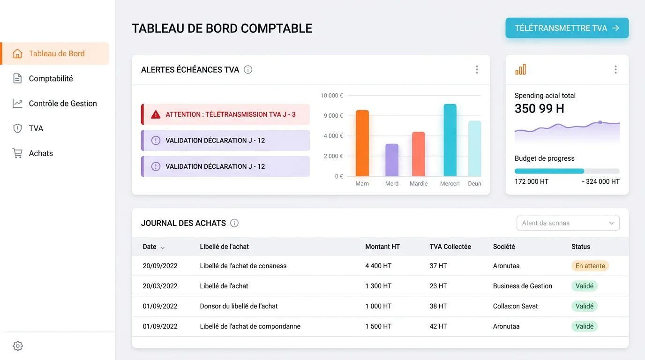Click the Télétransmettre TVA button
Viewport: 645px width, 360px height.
(x=567, y=28)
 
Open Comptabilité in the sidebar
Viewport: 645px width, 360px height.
(x=51, y=79)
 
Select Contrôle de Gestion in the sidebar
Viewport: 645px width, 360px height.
(x=63, y=104)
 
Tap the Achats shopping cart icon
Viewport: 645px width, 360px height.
(x=17, y=153)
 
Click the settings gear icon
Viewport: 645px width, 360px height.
(x=18, y=346)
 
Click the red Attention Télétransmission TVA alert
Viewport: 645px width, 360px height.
(x=225, y=114)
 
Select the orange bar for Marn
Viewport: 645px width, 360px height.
(x=362, y=143)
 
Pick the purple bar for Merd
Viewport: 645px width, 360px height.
(x=392, y=160)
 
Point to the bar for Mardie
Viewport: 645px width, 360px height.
(x=418, y=154)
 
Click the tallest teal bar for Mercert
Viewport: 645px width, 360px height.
(x=450, y=140)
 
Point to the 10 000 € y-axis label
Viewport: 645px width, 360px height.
(x=332, y=96)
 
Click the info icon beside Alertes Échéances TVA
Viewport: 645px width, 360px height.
(x=248, y=70)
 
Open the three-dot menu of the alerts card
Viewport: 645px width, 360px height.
(x=477, y=70)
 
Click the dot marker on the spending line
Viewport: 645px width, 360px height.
(x=600, y=122)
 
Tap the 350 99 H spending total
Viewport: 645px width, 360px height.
(x=539, y=109)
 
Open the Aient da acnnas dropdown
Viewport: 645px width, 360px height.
(x=568, y=223)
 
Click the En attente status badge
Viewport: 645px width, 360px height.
(x=590, y=266)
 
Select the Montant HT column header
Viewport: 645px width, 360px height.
(x=382, y=247)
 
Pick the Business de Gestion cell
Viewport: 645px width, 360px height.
(x=522, y=286)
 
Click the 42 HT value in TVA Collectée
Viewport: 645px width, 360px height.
(x=438, y=326)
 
